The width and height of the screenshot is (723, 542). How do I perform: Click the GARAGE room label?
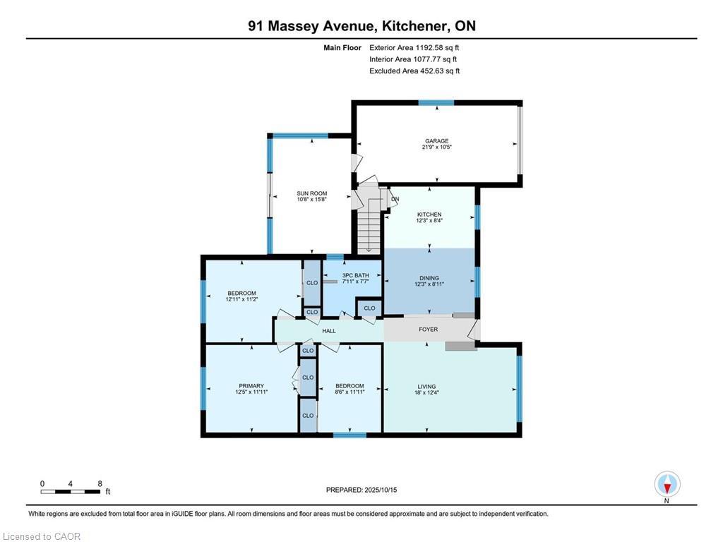[x=436, y=141]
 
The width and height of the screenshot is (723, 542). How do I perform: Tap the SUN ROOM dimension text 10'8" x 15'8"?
[x=311, y=200]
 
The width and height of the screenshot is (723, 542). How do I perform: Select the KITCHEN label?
[x=429, y=215]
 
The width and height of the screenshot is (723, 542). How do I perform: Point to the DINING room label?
[x=429, y=278]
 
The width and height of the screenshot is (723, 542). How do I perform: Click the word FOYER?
[x=428, y=330]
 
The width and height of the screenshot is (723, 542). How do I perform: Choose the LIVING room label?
[x=426, y=386]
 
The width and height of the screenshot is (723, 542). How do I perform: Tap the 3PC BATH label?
[x=356, y=275]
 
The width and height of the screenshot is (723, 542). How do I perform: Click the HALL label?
[x=329, y=331]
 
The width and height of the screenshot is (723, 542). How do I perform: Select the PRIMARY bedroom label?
[x=251, y=386]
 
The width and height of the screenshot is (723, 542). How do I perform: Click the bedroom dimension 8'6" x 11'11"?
[x=349, y=393]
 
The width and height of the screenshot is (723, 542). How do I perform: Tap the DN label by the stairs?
[x=395, y=199]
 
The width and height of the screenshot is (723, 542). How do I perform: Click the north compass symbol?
[x=667, y=484]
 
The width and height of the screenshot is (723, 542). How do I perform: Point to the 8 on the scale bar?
[x=100, y=483]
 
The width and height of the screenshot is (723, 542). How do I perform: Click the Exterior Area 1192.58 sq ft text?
[x=415, y=48]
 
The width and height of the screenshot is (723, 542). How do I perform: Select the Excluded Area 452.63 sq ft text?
[x=415, y=71]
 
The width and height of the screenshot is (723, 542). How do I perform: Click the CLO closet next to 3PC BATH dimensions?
[x=312, y=282]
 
